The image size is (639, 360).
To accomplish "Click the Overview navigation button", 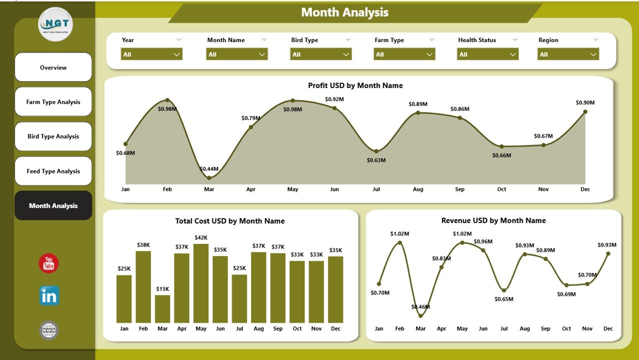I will click(53, 67).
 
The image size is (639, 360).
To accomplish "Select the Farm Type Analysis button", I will click(53, 102).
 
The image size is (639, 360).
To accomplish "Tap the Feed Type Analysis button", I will click(53, 171).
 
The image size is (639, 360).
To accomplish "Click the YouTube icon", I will click(49, 263).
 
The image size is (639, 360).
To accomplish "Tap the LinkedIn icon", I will click(49, 296).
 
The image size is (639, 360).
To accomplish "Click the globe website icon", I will click(49, 330).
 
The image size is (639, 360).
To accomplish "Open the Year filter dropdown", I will click(151, 54).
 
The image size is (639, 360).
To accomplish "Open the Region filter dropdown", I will click(568, 54).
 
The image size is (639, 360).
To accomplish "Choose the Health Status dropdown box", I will click(487, 54).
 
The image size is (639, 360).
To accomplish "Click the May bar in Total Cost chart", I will click(201, 283).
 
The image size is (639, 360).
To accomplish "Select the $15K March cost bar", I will click(162, 309).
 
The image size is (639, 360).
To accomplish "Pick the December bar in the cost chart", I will click(335, 289).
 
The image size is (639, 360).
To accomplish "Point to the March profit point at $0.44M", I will click(209, 177).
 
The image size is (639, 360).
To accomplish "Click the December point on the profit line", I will click(585, 111).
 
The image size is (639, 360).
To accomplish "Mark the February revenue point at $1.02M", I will click(399, 242).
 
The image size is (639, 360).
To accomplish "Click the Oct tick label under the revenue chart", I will click(566, 328).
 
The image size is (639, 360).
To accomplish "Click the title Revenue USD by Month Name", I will click(493, 220).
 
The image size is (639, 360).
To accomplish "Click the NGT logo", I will click(55, 24).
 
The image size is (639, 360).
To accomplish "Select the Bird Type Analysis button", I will click(53, 136).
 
